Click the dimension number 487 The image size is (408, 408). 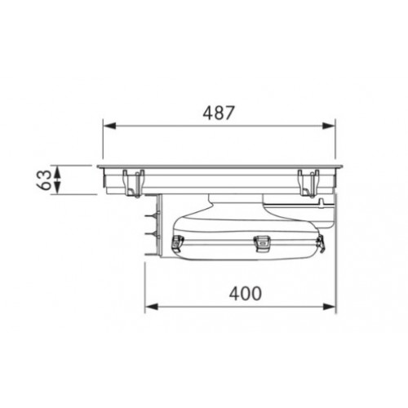click(x=219, y=113)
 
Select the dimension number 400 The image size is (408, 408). click(x=246, y=294)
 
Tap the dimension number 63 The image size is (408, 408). click(x=44, y=180)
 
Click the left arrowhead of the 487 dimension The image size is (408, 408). click(x=109, y=126)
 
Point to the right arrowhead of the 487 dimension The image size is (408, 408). click(x=329, y=126)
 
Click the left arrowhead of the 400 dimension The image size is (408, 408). click(x=152, y=307)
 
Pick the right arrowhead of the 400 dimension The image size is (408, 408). click(x=329, y=307)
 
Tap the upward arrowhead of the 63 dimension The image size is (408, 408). click(x=57, y=172)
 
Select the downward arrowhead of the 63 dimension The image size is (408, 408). click(x=57, y=188)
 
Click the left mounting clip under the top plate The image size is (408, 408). click(x=134, y=184)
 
